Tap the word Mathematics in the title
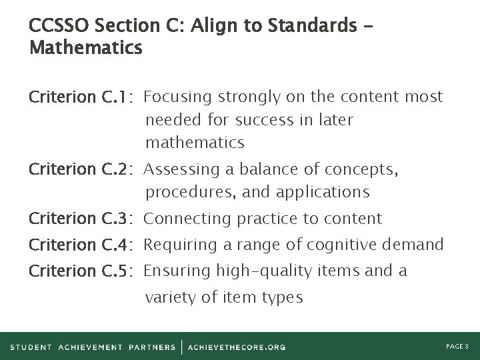coord(85,48)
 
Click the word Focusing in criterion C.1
coord(175,97)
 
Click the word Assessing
coord(177,170)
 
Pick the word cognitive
coord(343,245)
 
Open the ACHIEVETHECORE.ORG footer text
coord(237,347)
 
